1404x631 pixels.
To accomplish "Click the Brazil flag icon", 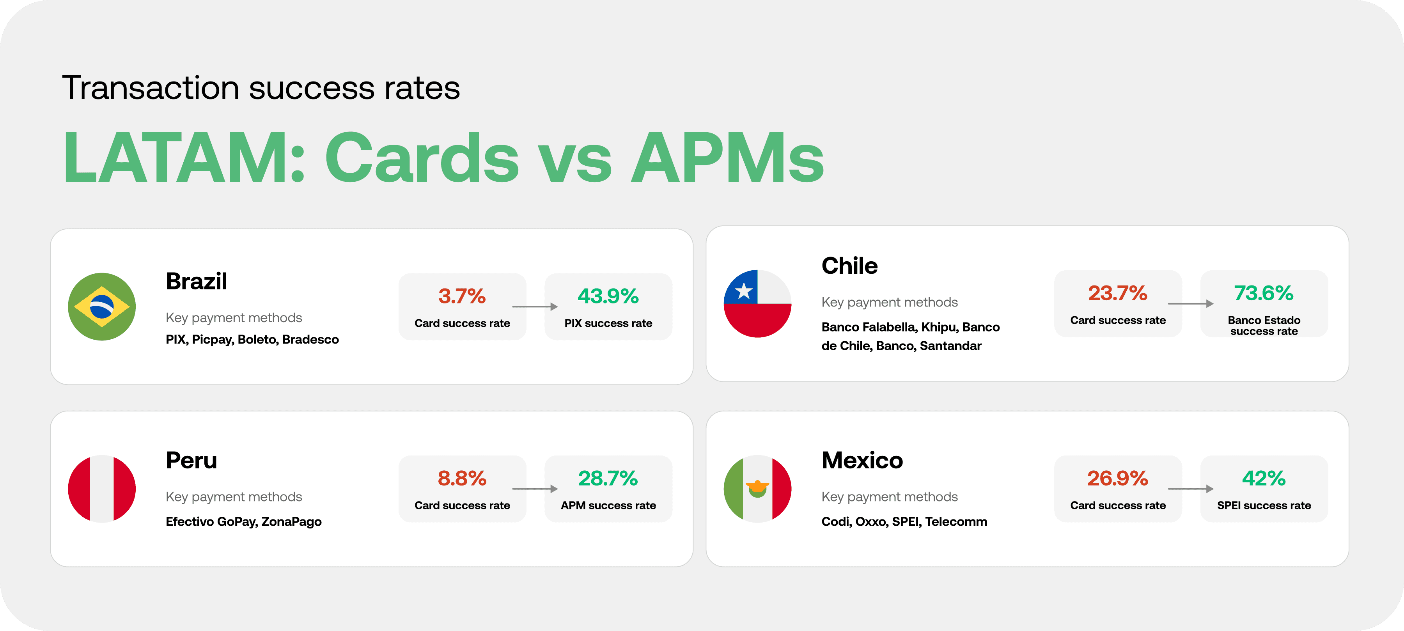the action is [x=102, y=307].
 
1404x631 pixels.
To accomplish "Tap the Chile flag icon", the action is [x=758, y=303].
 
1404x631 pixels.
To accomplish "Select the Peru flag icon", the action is [x=102, y=489].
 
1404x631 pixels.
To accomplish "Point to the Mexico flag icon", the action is [x=758, y=489].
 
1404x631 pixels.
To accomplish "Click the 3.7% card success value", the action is [x=462, y=296].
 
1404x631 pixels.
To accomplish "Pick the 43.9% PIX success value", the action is [x=608, y=296].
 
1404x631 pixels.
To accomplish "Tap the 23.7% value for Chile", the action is [x=1118, y=293].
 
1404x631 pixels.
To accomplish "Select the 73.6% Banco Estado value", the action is [x=1264, y=293].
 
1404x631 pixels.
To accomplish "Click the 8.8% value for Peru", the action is [x=462, y=479].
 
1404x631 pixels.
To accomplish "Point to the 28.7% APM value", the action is [x=608, y=479].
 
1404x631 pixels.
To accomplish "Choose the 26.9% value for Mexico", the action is [x=1118, y=479].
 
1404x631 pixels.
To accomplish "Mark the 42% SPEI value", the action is [x=1264, y=479].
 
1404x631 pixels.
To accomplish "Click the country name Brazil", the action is [x=196, y=281].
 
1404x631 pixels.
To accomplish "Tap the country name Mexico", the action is [x=862, y=461].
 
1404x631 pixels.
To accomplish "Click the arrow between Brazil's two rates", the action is [x=535, y=307].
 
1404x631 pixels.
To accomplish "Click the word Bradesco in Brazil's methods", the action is [x=311, y=339].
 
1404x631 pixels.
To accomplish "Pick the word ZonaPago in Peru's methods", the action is [x=292, y=521].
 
